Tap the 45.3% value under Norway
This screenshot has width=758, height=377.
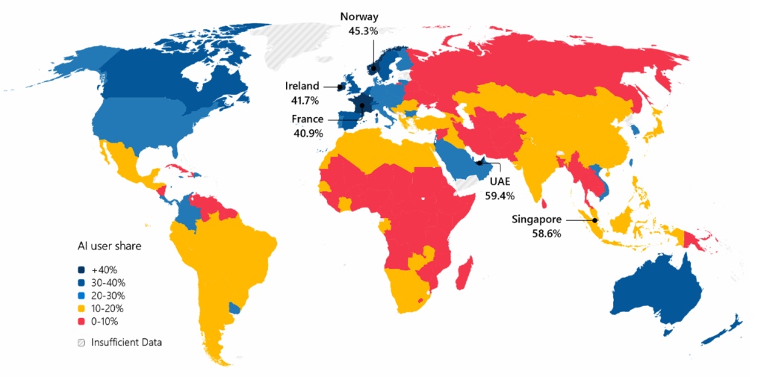point(363,31)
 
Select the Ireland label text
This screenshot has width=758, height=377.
point(302,86)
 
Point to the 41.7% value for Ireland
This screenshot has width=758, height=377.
point(302,99)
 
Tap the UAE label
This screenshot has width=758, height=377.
point(499,181)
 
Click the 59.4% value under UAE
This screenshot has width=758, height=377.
point(499,196)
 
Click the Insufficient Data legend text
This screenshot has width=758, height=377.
point(126,342)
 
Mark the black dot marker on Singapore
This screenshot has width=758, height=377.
point(595,219)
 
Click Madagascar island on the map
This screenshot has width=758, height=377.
point(464,272)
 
